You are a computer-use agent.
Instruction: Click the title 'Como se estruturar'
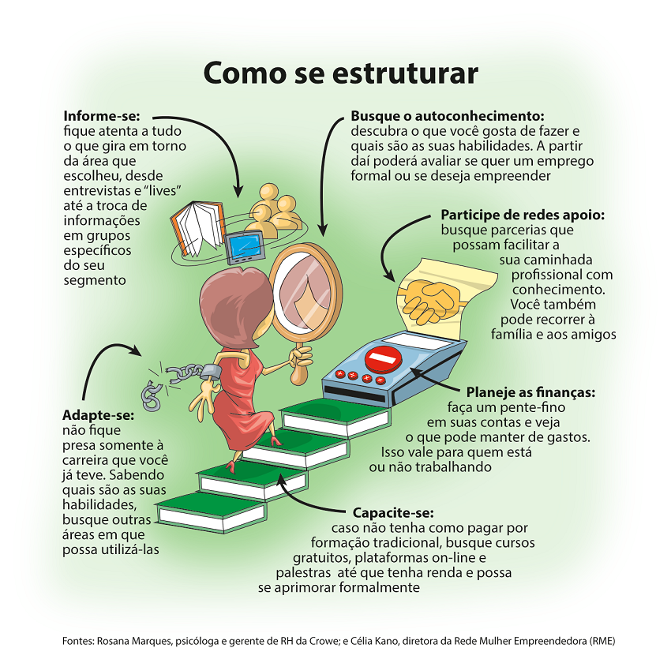tap(340, 73)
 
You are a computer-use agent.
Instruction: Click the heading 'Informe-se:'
tap(101, 115)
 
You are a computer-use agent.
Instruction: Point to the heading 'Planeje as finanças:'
tap(530, 392)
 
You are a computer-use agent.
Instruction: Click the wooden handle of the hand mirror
tap(298, 371)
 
